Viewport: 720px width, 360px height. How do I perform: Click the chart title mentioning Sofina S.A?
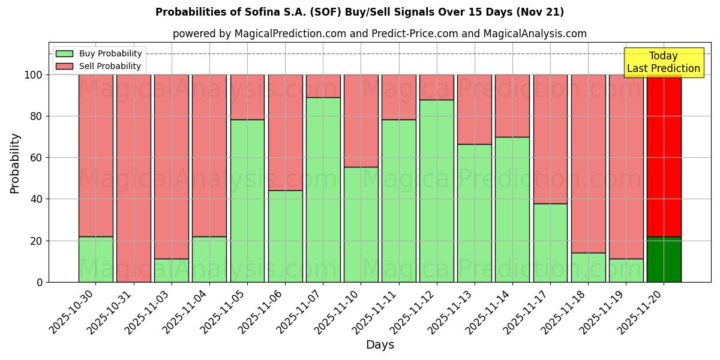[359, 12]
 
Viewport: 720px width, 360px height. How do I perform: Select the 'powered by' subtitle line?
[379, 34]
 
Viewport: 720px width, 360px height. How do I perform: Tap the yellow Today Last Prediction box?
[664, 62]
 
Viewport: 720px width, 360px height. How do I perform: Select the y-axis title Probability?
[15, 163]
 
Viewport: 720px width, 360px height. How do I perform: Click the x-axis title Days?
[380, 345]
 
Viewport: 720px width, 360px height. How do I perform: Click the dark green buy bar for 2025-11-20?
[664, 259]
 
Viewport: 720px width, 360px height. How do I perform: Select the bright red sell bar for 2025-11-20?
[664, 155]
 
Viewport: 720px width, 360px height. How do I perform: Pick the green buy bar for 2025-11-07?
[323, 190]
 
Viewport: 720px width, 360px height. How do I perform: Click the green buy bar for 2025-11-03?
[172, 270]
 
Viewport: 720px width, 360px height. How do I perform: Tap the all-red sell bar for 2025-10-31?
[134, 178]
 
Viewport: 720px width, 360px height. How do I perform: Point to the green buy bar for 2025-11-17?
[550, 242]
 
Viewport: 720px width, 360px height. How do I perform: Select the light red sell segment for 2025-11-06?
[285, 132]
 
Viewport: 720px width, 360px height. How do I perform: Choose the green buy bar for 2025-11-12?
[437, 191]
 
